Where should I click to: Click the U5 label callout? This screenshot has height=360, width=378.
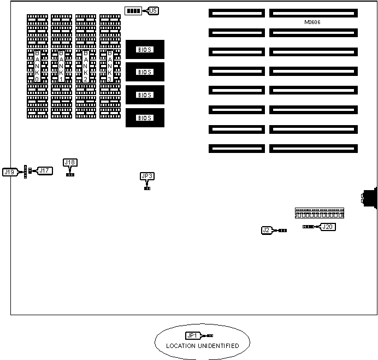[x=153, y=10]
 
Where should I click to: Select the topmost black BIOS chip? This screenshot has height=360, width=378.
[x=145, y=49]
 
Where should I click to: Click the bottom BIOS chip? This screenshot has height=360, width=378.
[x=145, y=117]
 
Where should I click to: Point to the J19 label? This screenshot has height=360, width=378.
[x=9, y=172]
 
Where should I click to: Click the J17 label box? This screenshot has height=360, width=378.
[x=45, y=171]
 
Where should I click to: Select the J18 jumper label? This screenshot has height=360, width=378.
[x=70, y=162]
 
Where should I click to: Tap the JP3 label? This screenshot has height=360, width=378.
[x=147, y=176]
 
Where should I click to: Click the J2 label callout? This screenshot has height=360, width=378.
[x=267, y=230]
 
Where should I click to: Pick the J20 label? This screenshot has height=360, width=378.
[x=327, y=227]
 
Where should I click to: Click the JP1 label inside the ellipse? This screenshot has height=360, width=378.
[x=192, y=335]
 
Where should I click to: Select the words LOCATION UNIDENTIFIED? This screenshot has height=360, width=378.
[x=202, y=346]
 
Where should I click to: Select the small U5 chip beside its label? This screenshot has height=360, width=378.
[x=133, y=10]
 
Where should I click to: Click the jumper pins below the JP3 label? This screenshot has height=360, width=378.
[x=147, y=188]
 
